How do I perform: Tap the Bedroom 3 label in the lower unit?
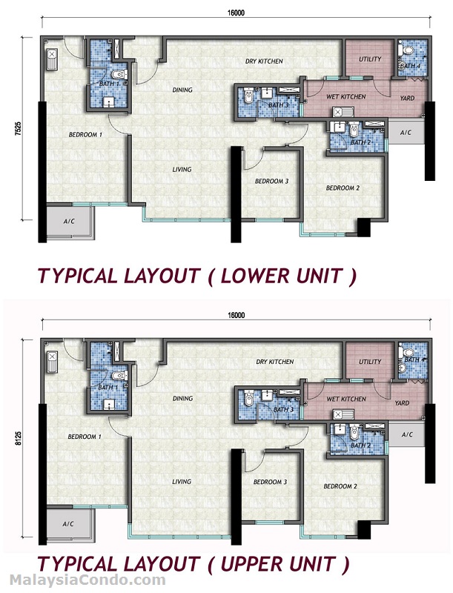(x=271, y=182)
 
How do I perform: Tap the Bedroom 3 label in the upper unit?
(x=270, y=483)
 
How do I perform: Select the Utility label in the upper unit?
(x=370, y=362)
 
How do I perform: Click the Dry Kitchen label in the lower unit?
(x=265, y=62)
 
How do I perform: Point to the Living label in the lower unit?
(x=182, y=170)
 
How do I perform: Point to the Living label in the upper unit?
(x=182, y=482)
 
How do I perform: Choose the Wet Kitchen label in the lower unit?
(x=345, y=97)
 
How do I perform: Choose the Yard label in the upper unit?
(x=402, y=404)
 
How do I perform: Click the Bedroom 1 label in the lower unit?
(x=85, y=135)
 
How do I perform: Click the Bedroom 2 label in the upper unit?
(x=340, y=487)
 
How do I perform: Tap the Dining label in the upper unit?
(x=182, y=399)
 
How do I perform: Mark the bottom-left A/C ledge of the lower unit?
(x=69, y=222)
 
